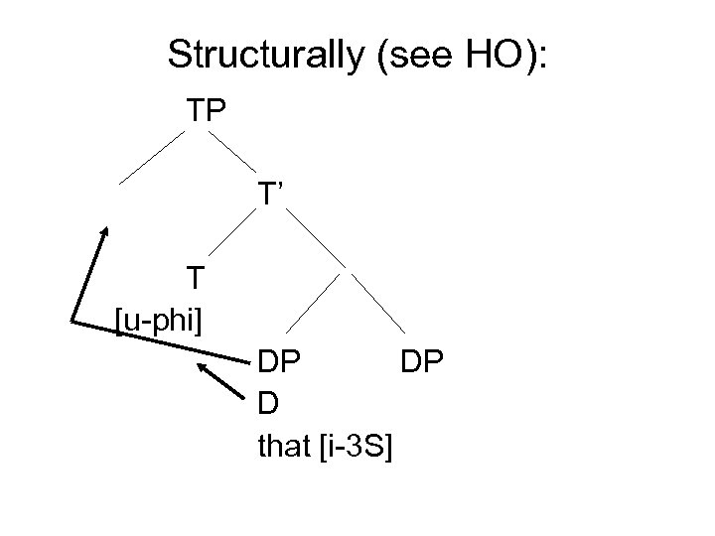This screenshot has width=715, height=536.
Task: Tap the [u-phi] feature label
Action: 160,320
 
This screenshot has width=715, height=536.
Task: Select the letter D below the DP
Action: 266,405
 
